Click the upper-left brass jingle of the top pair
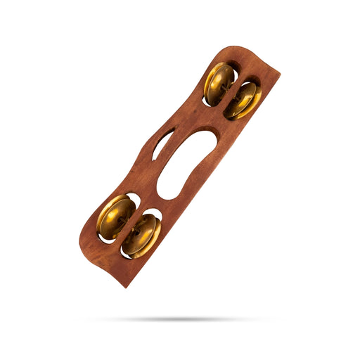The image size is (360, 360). click(x=219, y=82)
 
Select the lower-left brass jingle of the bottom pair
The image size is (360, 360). click(x=115, y=217)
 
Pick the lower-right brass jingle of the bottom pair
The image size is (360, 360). click(x=143, y=235)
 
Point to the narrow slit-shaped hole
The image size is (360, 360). click(x=162, y=143)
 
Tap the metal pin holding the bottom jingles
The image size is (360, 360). click(x=129, y=226)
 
